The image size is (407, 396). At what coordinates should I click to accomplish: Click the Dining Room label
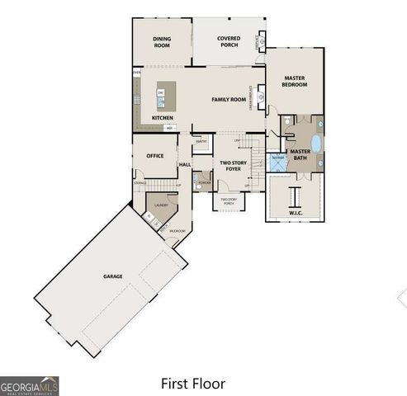[x=162, y=42]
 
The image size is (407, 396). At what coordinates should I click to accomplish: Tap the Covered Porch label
[x=229, y=41]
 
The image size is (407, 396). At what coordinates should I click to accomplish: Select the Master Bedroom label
[x=295, y=81]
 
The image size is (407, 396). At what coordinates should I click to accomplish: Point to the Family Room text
[x=229, y=100]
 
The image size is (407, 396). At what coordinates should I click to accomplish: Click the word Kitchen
[x=163, y=118]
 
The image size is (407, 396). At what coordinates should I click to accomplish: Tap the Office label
[x=155, y=155]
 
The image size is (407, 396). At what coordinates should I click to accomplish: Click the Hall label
[x=186, y=165]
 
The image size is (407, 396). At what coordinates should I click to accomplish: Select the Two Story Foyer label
[x=233, y=167]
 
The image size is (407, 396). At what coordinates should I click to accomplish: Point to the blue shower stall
[x=279, y=161]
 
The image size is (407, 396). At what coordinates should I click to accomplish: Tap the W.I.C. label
[x=296, y=214]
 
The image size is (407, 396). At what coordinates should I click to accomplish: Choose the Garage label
[x=113, y=276]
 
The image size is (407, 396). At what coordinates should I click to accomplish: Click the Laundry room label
[x=161, y=204]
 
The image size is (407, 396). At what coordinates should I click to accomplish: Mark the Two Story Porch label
[x=229, y=201]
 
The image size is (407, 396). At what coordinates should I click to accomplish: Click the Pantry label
[x=201, y=142]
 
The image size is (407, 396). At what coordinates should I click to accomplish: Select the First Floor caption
[x=192, y=384]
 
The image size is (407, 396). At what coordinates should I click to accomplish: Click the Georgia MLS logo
[x=29, y=385]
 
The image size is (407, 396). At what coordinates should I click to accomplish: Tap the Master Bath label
[x=301, y=155]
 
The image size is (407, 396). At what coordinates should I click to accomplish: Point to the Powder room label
[x=202, y=182]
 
